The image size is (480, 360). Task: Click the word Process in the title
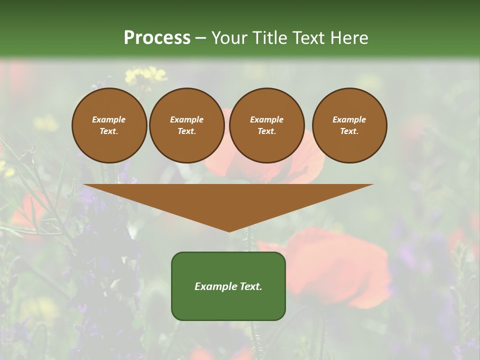pos(157,38)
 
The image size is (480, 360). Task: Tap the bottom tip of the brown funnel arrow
pos(229,230)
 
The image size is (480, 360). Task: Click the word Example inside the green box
pos(215,286)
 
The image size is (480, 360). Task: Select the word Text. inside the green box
pos(250,286)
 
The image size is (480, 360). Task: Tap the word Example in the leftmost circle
pos(109,119)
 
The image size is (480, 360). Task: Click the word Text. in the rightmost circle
pos(349,131)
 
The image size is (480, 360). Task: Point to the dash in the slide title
pos(200,38)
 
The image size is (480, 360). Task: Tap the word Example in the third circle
pos(266,119)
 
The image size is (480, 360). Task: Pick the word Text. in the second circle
pos(186,131)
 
